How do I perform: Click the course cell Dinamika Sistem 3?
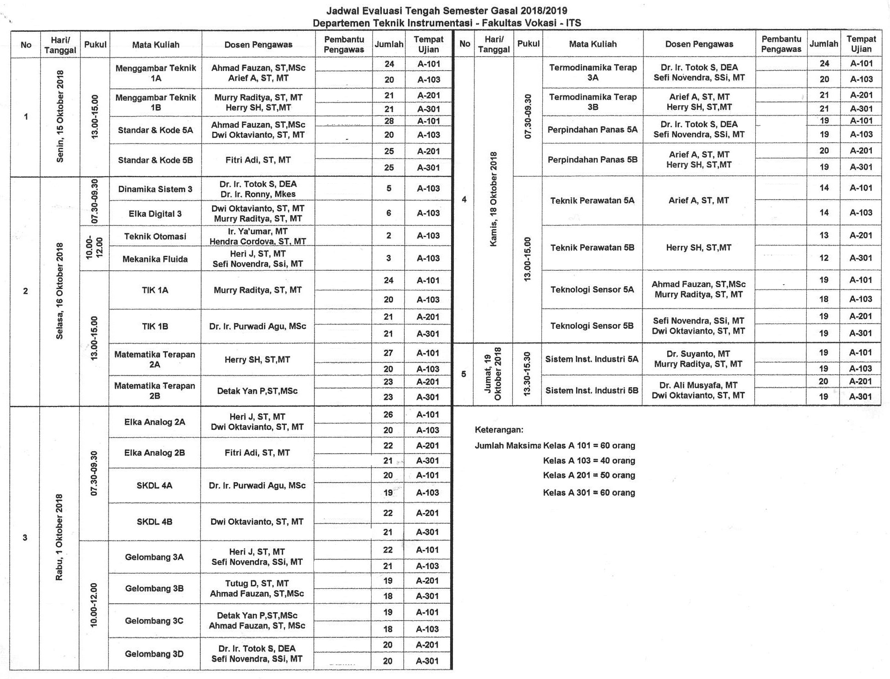coord(155,189)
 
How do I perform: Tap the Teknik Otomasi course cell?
coord(155,237)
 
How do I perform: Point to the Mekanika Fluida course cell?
coord(155,259)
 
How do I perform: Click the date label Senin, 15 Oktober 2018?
coord(60,117)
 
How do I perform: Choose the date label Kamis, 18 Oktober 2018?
coord(493,199)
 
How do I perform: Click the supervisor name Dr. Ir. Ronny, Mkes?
coord(258,195)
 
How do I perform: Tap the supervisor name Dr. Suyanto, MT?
coord(698,354)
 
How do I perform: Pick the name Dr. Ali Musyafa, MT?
coord(698,385)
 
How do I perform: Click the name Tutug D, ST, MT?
coord(257,584)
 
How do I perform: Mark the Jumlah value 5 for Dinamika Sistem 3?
coord(389,189)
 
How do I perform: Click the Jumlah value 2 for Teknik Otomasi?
coord(389,236)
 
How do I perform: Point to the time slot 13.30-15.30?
coord(527,374)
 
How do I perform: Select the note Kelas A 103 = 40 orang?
coord(589,461)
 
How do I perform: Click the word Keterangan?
coord(499,430)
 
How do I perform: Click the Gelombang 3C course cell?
coord(154,621)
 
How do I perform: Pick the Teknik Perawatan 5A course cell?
coord(592,201)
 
